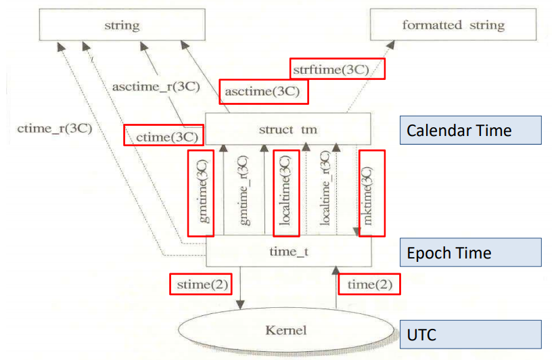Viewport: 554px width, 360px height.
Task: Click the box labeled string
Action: tap(122, 26)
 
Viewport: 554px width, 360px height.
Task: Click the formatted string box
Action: tap(453, 26)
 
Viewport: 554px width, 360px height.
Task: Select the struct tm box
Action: tap(288, 129)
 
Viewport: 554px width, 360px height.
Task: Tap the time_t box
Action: tap(288, 252)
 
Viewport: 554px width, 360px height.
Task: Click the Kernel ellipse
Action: tap(286, 330)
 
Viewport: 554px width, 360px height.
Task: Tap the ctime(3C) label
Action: tap(164, 135)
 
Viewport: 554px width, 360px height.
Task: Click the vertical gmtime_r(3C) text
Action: tap(245, 193)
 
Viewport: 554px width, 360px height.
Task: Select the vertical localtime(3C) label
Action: tap(285, 193)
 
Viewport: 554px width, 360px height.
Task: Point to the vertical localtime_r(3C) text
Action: tap(326, 193)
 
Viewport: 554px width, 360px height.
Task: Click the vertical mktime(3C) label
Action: tap(368, 193)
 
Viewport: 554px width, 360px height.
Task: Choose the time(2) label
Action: tap(369, 284)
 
